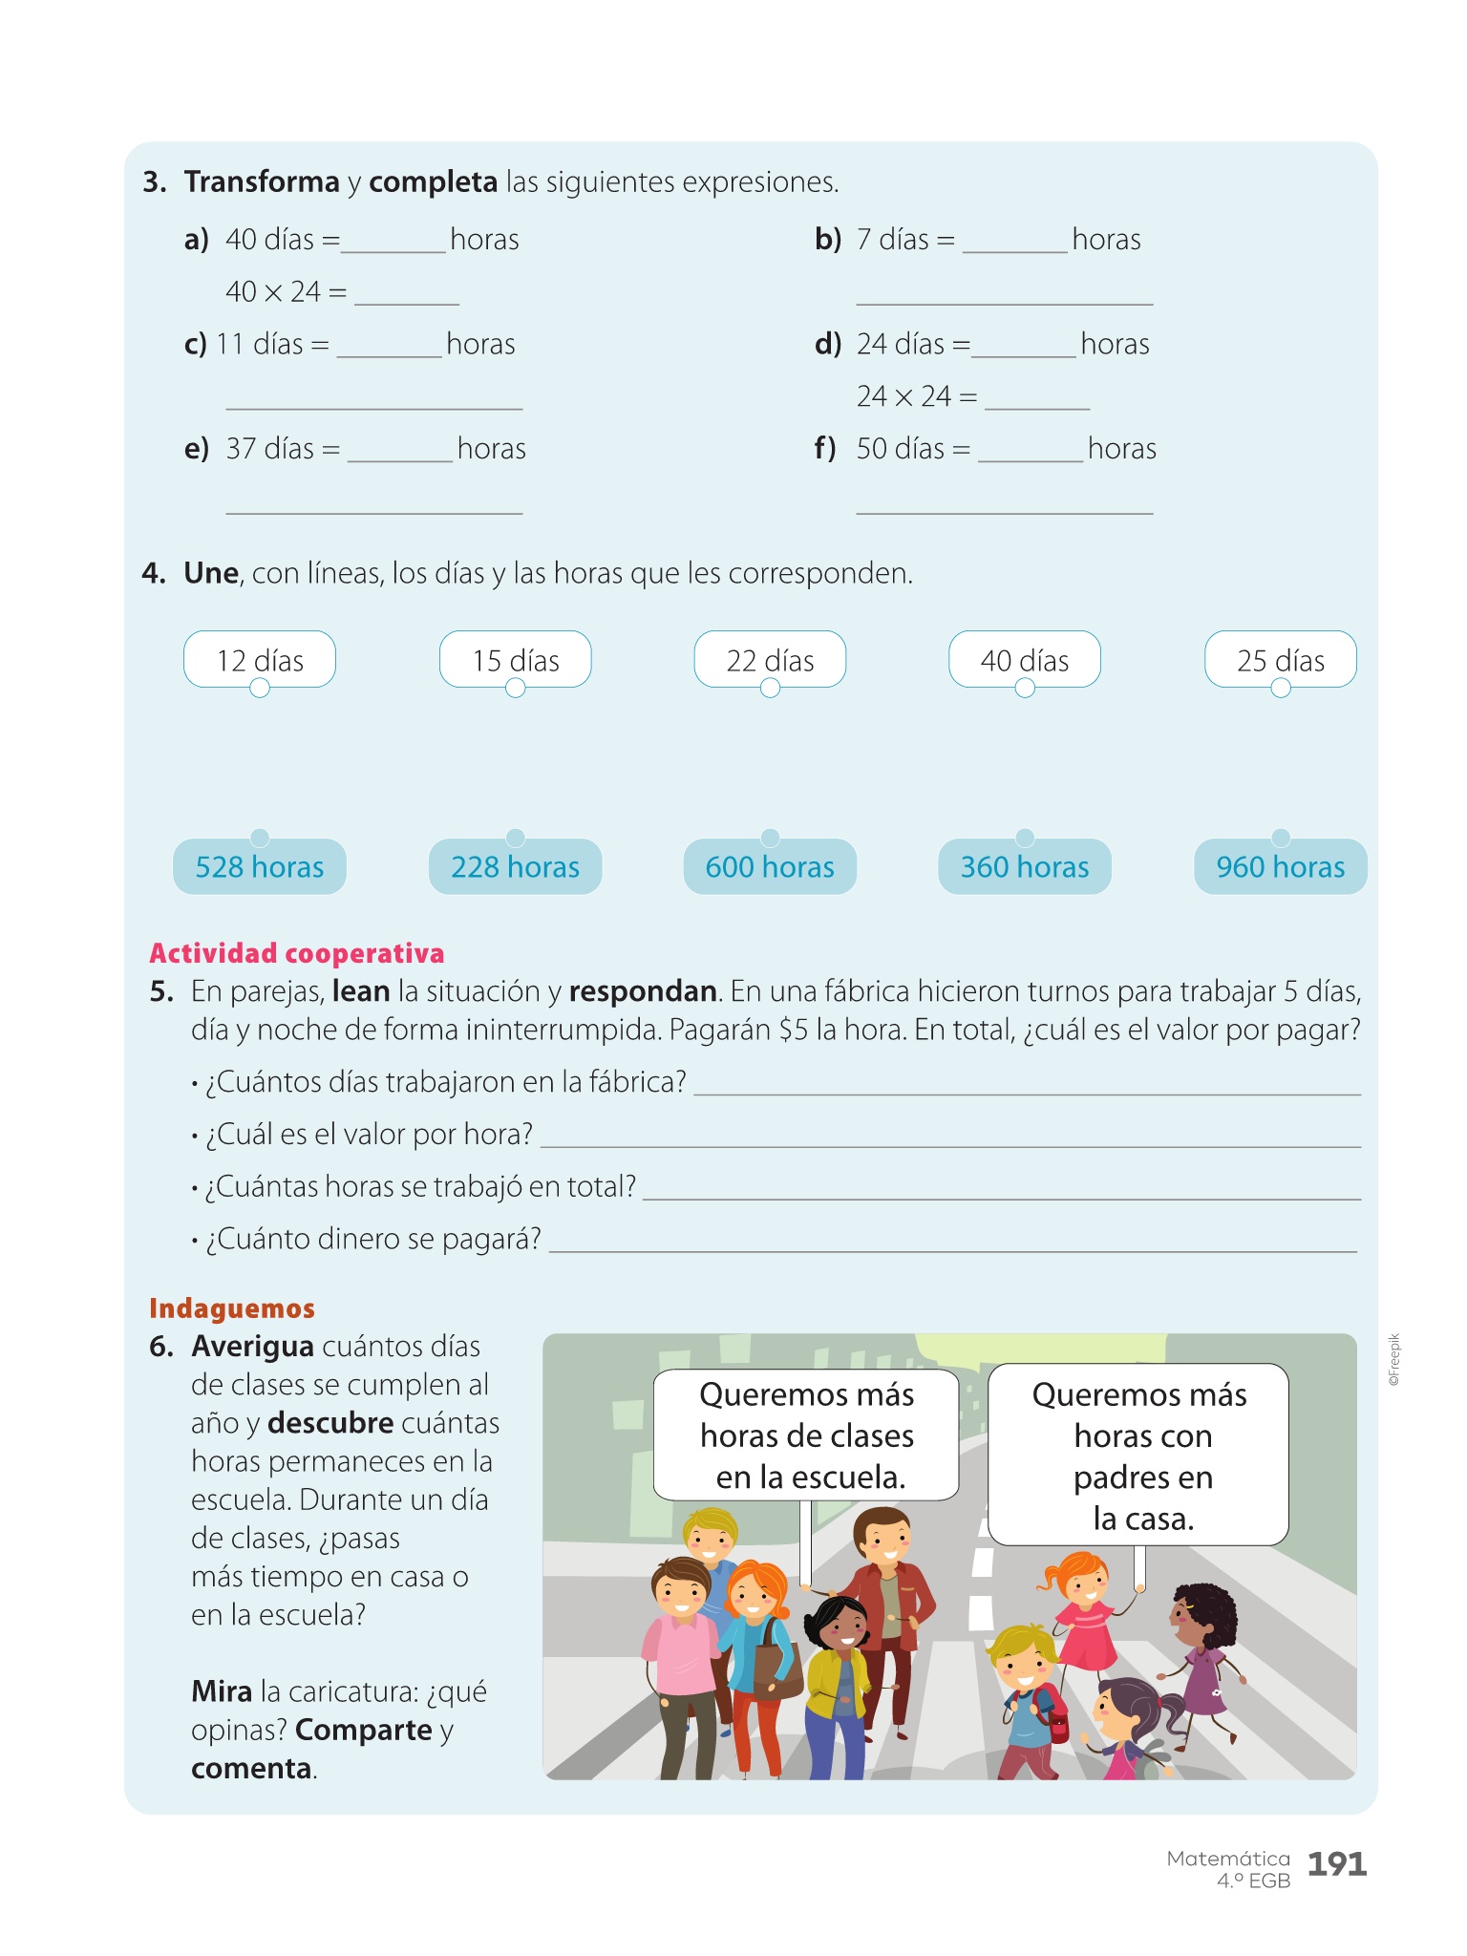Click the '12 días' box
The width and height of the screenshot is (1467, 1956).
260,660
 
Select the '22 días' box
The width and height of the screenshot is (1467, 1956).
770,660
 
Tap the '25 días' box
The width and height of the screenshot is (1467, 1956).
1281,660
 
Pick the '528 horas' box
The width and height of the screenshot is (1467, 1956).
260,867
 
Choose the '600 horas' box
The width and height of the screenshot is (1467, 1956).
770,867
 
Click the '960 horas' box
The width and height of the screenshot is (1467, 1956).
1281,867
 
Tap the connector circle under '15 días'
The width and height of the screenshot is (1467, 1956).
516,689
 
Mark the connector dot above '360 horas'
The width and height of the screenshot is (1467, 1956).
1025,838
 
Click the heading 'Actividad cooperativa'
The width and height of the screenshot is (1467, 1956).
297,953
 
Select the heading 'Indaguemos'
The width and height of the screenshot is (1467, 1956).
232,1308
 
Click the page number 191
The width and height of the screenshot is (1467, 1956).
1337,1863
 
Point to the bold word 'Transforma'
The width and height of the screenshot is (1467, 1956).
262,181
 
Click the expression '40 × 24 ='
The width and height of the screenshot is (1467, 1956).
286,291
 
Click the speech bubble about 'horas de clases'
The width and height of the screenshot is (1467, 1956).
806,1435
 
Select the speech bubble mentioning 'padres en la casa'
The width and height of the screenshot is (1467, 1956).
1138,1455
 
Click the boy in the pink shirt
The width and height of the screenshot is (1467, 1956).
680,1643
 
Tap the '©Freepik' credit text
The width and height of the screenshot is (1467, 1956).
1394,1360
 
